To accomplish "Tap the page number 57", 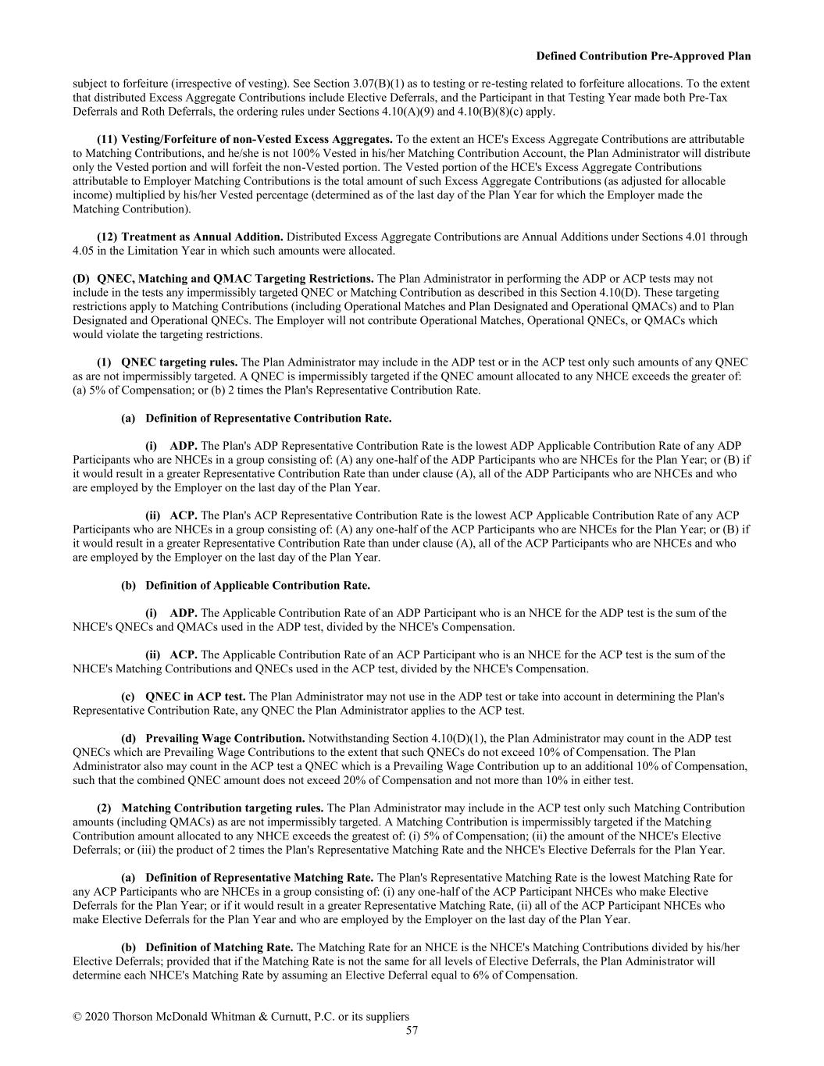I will [412, 1030].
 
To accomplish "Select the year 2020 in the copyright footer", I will [98, 1016].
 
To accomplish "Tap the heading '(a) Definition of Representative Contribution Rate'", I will [256, 419].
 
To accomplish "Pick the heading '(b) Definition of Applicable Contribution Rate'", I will [245, 586].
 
